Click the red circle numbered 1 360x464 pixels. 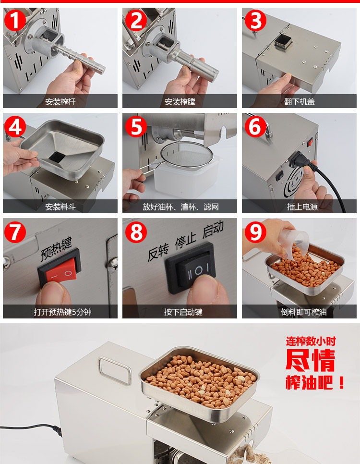(x=15, y=20)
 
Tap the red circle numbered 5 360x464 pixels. (x=136, y=126)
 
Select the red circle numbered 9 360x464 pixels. (x=255, y=232)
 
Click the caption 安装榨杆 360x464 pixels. (x=60, y=102)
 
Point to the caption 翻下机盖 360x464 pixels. (x=300, y=102)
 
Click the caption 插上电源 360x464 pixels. (x=302, y=207)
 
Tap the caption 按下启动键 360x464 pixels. (x=183, y=312)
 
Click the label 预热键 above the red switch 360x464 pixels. (x=56, y=249)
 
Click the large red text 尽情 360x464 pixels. (x=310, y=360)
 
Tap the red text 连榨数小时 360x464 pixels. (x=311, y=341)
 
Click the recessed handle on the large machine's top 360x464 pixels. (x=115, y=371)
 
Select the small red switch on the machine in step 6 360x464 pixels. (x=310, y=143)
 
